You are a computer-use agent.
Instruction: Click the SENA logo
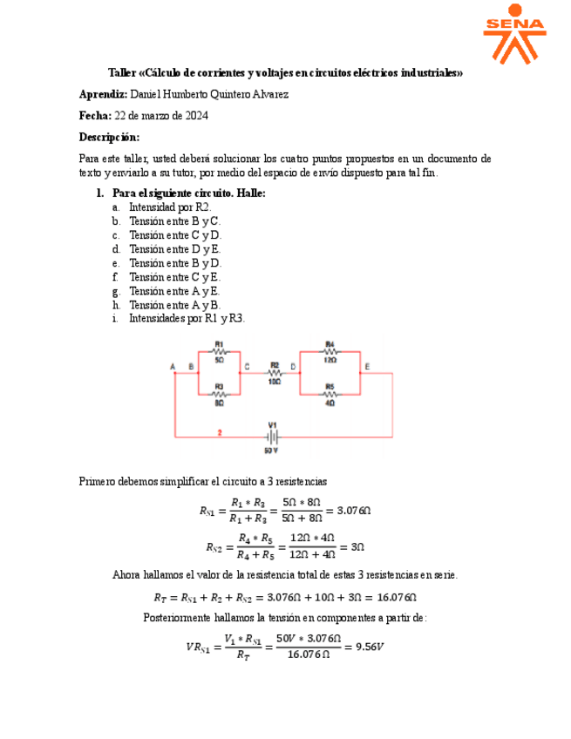tap(514, 34)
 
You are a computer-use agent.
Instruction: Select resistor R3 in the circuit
tap(219, 393)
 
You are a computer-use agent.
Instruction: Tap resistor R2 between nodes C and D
tap(274, 372)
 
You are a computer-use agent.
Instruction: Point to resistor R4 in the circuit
tap(330, 351)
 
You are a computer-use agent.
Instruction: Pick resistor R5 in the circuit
tap(330, 393)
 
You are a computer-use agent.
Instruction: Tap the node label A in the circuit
tap(173, 367)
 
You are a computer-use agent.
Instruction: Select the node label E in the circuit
tap(367, 367)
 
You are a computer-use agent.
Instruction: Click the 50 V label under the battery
tap(272, 451)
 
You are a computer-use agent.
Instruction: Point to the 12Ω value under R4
tap(330, 359)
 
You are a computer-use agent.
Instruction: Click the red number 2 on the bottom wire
tap(220, 431)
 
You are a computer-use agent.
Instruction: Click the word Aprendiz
tap(103, 94)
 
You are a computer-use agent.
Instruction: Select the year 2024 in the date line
tap(194, 115)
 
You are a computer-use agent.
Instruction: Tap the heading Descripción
tap(109, 137)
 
